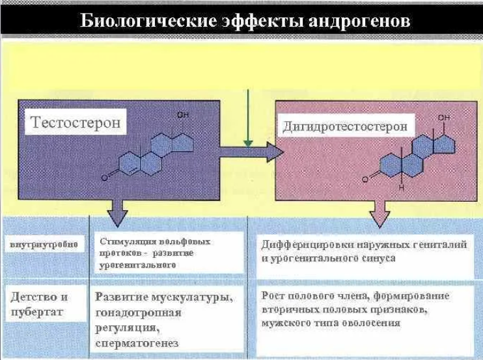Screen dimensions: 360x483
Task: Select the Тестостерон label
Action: [x=75, y=123]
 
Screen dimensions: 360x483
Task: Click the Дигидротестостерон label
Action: [x=345, y=126]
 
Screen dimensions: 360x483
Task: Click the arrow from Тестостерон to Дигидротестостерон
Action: [x=251, y=154]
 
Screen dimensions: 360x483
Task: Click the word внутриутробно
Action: [x=44, y=245]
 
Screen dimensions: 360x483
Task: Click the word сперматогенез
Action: [x=137, y=342]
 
